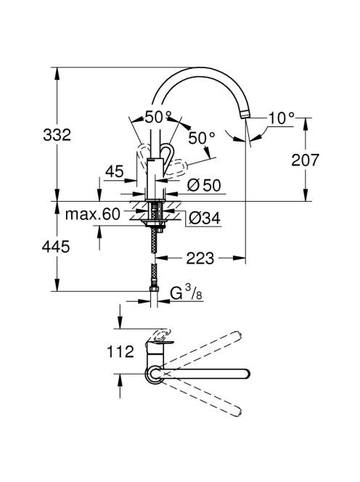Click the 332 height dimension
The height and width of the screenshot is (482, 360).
point(57,135)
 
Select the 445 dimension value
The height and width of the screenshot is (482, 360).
point(56,247)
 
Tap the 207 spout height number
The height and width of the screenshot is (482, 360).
point(306,160)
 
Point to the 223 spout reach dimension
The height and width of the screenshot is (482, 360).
point(200,258)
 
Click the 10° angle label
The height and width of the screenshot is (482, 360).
point(282,118)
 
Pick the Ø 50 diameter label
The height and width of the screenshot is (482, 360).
point(204,185)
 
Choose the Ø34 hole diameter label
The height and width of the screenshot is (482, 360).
point(205,218)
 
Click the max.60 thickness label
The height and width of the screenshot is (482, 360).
point(92,214)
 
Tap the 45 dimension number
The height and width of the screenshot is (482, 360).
point(115,171)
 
